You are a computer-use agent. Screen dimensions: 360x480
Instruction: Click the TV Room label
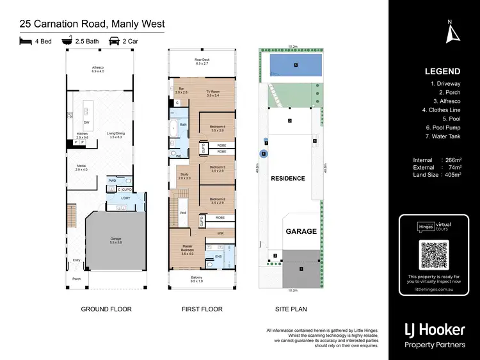pos(212,94)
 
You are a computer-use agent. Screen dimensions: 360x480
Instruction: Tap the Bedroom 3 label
pos(217,169)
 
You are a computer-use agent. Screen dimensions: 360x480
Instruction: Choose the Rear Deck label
pos(202,62)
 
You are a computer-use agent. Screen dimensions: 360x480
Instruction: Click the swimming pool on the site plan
pos(295,65)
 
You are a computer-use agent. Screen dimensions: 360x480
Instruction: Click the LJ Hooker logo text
pos(435,329)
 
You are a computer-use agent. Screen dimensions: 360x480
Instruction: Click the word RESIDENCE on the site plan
pos(287,178)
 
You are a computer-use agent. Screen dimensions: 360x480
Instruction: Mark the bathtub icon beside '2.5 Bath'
pos(67,40)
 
